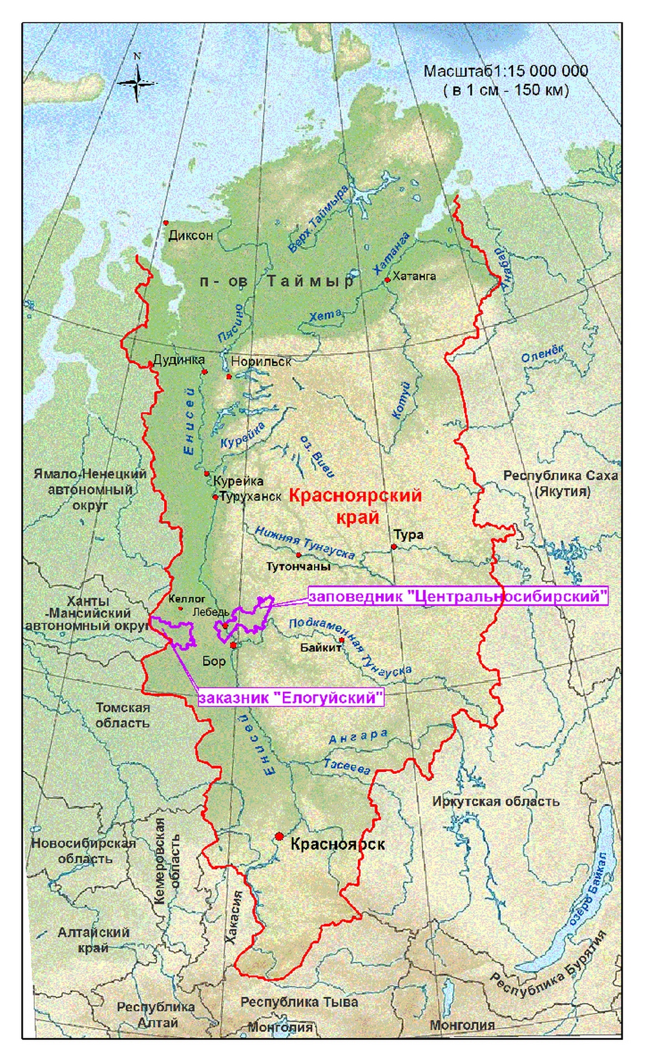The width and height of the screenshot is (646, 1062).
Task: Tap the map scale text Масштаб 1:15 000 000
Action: coord(505,72)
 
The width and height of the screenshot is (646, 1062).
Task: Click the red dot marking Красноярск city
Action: coord(279,836)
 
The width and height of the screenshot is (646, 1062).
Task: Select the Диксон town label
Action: coord(190,236)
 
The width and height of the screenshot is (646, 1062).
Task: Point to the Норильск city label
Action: coord(261,362)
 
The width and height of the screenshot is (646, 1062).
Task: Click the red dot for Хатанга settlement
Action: coord(387,280)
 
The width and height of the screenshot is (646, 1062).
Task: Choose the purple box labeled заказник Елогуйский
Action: coord(291,698)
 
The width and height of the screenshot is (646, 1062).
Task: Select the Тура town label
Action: coord(408,535)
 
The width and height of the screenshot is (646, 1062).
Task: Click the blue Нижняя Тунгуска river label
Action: coord(305,542)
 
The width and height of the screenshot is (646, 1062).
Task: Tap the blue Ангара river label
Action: coord(358,737)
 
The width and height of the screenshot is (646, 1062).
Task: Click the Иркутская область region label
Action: coord(495,802)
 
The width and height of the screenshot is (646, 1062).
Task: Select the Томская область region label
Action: coord(123,715)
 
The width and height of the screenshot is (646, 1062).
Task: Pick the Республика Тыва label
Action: coord(298,1003)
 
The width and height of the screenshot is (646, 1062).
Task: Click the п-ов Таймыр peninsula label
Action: coord(277,282)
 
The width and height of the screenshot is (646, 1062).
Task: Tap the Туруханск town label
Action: coord(251,497)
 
